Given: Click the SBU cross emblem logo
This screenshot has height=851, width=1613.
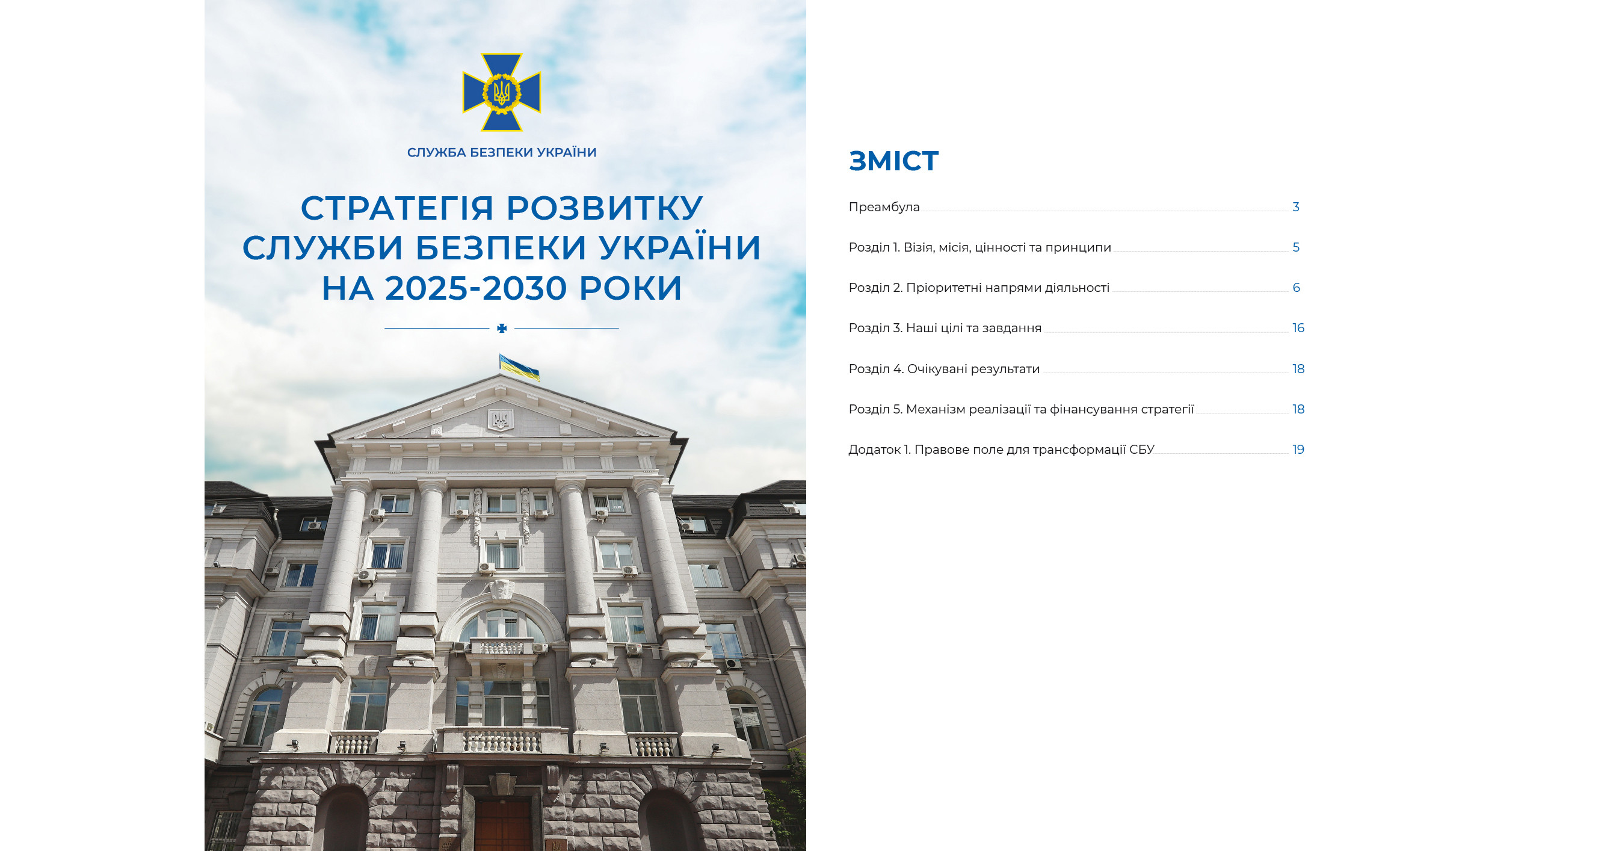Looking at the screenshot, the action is pos(502,92).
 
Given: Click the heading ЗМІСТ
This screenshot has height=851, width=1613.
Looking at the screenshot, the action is pos(893,161).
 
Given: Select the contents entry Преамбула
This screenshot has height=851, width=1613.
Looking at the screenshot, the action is pos(884,206).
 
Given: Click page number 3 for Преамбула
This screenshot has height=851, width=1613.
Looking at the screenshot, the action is pos(1296,206).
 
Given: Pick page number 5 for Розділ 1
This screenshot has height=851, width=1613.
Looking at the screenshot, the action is pos(1296,247).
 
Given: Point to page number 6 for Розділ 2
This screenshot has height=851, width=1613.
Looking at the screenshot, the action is pos(1296,288).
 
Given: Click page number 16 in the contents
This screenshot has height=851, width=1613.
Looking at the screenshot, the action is pos(1298,328).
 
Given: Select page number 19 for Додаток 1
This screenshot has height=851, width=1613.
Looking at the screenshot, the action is pos(1298,450).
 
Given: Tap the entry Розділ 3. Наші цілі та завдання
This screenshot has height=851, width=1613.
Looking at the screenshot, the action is pos(945,328).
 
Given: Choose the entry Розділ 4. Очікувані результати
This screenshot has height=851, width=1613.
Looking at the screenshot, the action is pos(944,369).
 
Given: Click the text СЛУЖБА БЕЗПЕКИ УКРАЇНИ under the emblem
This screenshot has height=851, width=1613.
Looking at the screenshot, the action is pos(502,152).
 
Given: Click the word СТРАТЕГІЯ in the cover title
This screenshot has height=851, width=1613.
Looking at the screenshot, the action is pos(397,208).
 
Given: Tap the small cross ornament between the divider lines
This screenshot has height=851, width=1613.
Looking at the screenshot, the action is pos(502,328).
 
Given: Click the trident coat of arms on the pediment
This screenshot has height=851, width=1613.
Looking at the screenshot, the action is pos(501,419).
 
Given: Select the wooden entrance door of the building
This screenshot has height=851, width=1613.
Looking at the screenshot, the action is pos(504,826).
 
